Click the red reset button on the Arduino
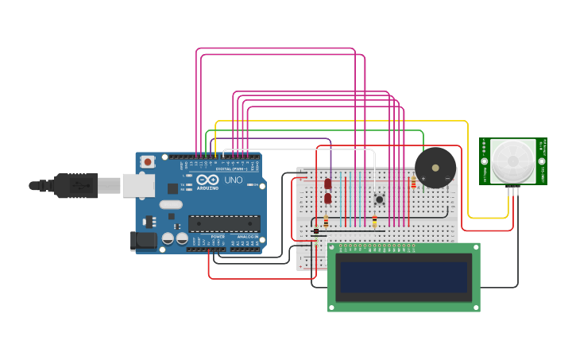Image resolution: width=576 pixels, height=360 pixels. [147, 161]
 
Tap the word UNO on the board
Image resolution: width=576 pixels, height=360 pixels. [234, 180]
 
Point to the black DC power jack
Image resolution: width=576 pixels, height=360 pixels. [143, 240]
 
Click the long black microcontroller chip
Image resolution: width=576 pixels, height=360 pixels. [223, 224]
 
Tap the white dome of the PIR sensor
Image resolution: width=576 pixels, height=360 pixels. [512, 161]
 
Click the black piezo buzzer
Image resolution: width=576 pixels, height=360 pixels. [435, 168]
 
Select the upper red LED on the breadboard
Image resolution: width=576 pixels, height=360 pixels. [328, 184]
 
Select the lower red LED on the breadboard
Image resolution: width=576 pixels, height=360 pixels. [328, 198]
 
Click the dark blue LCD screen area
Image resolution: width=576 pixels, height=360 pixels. [404, 277]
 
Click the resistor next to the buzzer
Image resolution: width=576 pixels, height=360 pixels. [413, 183]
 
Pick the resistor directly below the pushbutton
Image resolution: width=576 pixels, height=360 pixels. [375, 222]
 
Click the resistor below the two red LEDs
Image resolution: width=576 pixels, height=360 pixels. [326, 222]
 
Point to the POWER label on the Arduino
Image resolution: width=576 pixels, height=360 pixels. [218, 237]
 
